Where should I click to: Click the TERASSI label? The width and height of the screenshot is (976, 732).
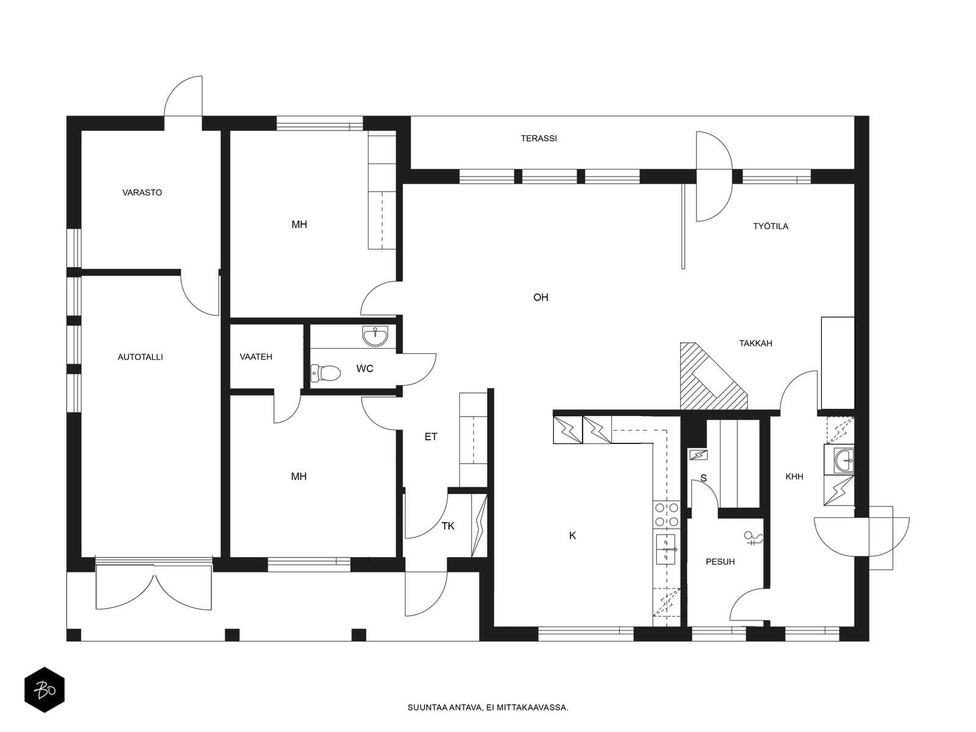(x=539, y=138)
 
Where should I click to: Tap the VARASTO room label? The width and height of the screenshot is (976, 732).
(x=142, y=192)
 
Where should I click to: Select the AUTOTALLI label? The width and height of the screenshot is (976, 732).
(x=140, y=357)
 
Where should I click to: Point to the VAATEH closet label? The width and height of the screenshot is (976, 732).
(x=256, y=356)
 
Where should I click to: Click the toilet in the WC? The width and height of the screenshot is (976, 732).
(x=326, y=373)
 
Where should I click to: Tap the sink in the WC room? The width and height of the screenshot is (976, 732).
(x=375, y=336)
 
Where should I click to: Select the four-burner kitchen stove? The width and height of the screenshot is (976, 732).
(x=667, y=514)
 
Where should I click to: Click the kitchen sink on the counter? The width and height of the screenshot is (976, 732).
(x=666, y=550)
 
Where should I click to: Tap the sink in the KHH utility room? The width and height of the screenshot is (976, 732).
(x=839, y=459)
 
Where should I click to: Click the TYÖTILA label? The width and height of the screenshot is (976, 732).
(x=770, y=226)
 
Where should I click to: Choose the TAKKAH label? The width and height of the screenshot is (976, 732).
(x=755, y=343)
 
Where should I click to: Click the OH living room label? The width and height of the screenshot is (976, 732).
(x=540, y=297)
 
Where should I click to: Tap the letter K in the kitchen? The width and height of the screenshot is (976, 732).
(x=572, y=536)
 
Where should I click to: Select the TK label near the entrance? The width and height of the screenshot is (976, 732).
(x=448, y=526)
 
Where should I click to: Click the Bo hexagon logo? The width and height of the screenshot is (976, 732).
(x=45, y=690)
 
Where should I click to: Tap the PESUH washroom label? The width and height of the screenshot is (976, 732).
(x=720, y=562)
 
